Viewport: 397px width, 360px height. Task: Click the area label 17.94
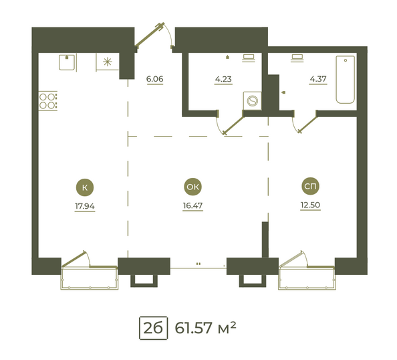coord(85,206)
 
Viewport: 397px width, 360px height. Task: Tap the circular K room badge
coord(85,187)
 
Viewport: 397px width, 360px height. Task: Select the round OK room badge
coord(192,187)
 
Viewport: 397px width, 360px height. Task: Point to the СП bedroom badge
coord(310,186)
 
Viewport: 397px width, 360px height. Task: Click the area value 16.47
coord(192,205)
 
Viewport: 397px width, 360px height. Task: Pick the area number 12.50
coord(310,205)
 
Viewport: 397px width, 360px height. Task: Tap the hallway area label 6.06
coord(154,79)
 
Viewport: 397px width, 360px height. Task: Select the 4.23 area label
coord(223,79)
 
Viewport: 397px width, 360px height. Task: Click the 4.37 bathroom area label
coord(318,79)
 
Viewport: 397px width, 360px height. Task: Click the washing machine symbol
coord(252,101)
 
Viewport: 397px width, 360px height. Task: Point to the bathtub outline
coord(346,80)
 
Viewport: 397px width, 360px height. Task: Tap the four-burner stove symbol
coord(48,101)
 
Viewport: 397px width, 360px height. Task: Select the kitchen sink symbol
coord(67,62)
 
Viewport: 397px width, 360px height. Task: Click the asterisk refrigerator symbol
coord(108,62)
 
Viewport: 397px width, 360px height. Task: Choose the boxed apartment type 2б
coord(153,328)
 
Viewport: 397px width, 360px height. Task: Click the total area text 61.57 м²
coord(206,328)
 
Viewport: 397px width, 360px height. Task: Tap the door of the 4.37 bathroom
coord(308,122)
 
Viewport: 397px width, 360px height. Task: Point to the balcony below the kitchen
coord(90,278)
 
